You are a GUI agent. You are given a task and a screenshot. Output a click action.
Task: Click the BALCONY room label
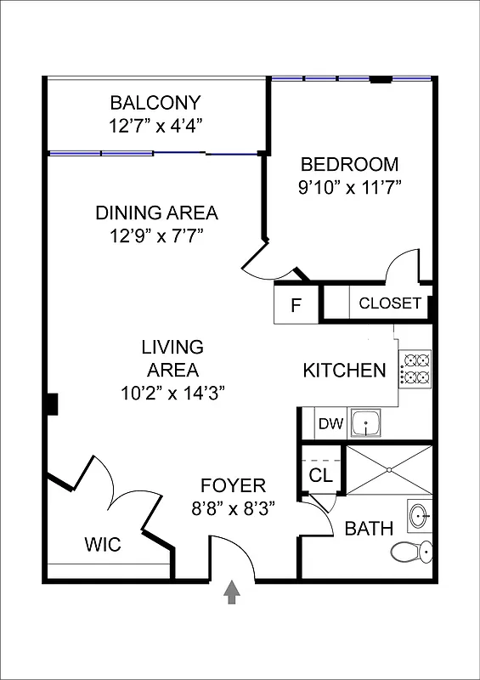tap(155, 103)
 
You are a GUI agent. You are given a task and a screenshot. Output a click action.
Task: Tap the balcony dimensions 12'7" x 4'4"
tap(155, 126)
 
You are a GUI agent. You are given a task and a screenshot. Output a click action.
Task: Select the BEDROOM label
tap(349, 164)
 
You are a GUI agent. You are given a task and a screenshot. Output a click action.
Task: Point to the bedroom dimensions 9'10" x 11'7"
tap(349, 187)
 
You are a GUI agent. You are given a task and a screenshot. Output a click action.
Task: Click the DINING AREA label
tap(156, 212)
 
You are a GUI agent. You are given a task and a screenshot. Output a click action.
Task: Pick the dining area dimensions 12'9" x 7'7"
tap(156, 235)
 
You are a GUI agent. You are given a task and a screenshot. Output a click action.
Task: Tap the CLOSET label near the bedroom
tap(390, 303)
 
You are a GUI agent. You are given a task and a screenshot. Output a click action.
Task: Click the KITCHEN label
tap(344, 371)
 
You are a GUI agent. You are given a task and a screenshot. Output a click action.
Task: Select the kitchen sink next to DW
tap(365, 422)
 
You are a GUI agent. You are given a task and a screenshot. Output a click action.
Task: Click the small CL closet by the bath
tap(321, 476)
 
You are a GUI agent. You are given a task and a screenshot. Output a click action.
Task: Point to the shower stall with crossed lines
tap(388, 470)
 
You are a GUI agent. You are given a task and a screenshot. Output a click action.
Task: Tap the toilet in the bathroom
tap(410, 552)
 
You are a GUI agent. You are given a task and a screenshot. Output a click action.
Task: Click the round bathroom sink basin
tap(419, 516)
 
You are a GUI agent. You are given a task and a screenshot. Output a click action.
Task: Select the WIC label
tap(102, 545)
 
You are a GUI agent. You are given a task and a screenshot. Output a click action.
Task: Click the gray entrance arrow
tap(231, 592)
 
